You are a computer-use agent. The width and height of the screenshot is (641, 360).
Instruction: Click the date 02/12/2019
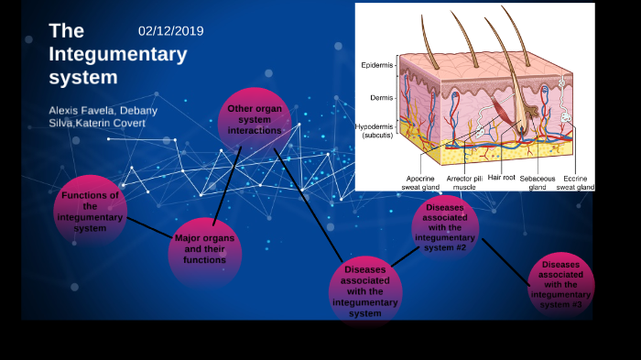[170, 31]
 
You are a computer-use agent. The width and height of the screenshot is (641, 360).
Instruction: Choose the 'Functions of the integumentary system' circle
[89, 211]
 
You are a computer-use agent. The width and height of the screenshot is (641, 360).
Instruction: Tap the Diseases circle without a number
[364, 289]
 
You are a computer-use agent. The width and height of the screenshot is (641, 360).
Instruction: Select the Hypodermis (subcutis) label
[375, 131]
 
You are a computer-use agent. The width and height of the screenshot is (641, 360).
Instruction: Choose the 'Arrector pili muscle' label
[464, 182]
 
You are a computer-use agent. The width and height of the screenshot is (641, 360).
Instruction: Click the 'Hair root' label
[502, 178]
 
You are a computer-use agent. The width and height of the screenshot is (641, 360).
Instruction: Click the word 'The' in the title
[67, 32]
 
